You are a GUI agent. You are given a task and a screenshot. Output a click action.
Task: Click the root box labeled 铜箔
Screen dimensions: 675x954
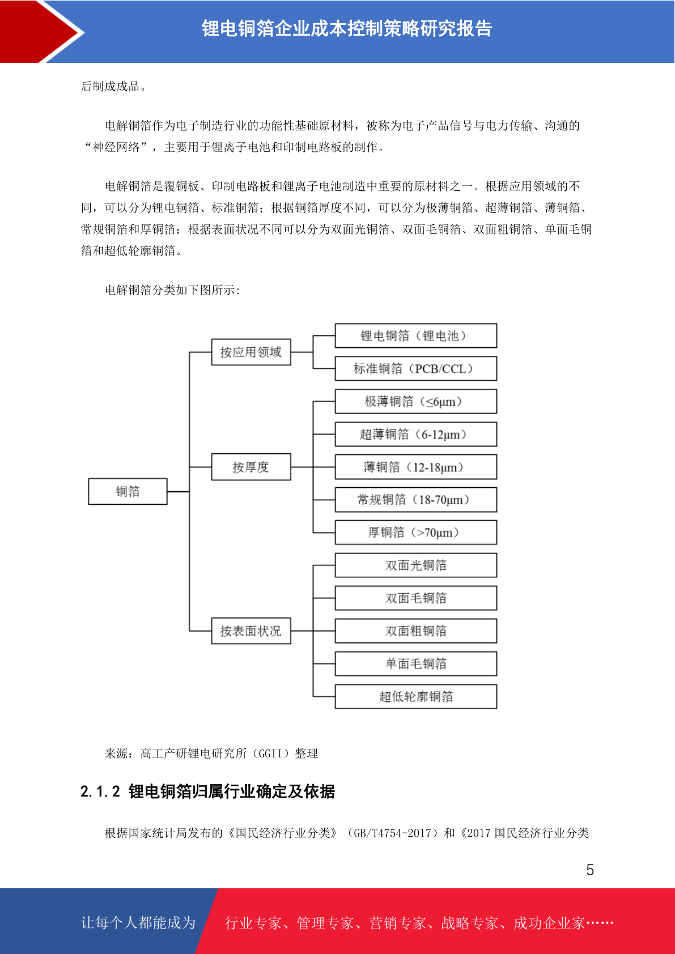click(128, 491)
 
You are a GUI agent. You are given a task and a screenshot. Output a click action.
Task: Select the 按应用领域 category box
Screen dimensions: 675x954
click(251, 352)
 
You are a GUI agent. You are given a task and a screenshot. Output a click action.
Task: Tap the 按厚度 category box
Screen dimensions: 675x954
click(251, 467)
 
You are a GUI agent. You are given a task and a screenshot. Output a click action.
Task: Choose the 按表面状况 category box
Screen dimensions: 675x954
click(251, 631)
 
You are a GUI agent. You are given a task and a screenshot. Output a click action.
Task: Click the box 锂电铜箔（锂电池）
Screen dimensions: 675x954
click(416, 335)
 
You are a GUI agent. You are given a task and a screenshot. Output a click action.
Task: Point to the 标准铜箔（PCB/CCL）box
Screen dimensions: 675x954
click(416, 368)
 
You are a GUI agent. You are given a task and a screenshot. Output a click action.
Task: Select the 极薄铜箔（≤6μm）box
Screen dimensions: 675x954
click(416, 401)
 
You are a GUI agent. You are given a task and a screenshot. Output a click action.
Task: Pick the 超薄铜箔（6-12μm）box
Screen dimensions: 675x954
click(416, 434)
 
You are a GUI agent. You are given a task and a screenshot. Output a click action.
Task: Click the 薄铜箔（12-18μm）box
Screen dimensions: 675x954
click(416, 467)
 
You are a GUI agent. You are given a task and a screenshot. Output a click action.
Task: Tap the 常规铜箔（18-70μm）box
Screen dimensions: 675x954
click(416, 500)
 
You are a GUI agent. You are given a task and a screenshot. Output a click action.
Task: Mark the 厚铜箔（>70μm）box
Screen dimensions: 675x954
click(416, 533)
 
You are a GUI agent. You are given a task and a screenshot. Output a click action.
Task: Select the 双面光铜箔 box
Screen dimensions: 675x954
click(416, 565)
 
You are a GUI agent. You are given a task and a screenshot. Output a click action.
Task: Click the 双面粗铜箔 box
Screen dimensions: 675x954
click(416, 631)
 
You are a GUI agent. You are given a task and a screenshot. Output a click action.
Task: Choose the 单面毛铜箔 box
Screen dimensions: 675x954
click(416, 663)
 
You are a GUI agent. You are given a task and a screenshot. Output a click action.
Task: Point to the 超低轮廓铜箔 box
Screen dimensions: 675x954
click(416, 696)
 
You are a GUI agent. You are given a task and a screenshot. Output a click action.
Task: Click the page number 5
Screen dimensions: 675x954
click(590, 870)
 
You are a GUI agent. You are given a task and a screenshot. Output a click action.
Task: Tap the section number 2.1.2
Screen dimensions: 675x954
click(100, 792)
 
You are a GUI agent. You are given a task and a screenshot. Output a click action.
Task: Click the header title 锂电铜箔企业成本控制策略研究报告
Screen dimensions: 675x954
click(347, 28)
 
